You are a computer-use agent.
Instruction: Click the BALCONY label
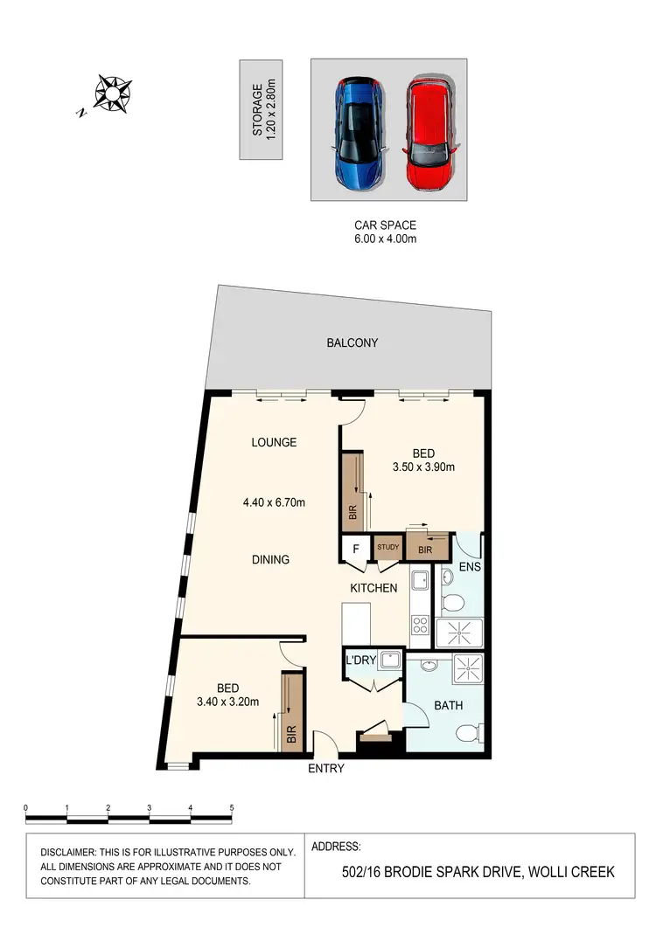tap(352, 343)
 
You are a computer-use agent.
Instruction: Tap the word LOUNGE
tap(274, 442)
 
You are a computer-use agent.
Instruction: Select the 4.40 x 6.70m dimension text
tap(274, 502)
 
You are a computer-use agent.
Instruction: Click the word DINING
tap(270, 559)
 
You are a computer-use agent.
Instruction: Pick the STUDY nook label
tap(388, 548)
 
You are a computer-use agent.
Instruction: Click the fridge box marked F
tap(355, 550)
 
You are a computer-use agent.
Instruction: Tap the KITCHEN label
tap(374, 588)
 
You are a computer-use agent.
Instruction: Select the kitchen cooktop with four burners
tap(418, 626)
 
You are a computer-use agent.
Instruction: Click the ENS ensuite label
tap(470, 566)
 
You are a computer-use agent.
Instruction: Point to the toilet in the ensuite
tap(452, 602)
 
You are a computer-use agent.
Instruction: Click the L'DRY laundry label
tap(361, 660)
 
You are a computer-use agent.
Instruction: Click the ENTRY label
tap(326, 769)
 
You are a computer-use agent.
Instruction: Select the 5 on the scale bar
tap(232, 808)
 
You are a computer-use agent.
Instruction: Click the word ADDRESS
tap(336, 847)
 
